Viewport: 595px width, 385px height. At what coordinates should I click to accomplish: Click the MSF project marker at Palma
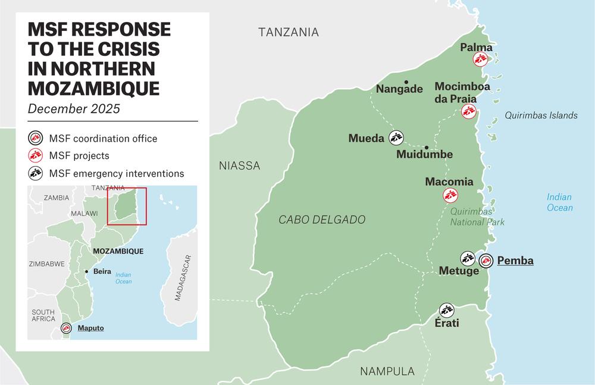pyautogui.click(x=480, y=59)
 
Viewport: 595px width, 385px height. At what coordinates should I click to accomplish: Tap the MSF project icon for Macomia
pyautogui.click(x=450, y=195)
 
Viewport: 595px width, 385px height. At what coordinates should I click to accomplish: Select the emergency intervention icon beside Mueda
pyautogui.click(x=396, y=138)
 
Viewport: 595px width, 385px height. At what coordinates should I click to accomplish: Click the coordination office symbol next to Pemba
pyautogui.click(x=486, y=260)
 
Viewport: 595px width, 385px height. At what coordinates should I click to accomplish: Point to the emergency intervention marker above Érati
pyautogui.click(x=446, y=309)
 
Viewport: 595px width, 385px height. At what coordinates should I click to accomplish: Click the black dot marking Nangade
pyautogui.click(x=406, y=82)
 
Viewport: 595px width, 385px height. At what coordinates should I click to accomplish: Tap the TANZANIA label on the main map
pyautogui.click(x=289, y=32)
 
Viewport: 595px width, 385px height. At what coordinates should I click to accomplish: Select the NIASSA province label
pyautogui.click(x=239, y=165)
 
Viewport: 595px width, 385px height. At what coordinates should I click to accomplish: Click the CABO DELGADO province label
pyautogui.click(x=322, y=220)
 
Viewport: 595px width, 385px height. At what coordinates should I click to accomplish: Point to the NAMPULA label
pyautogui.click(x=387, y=371)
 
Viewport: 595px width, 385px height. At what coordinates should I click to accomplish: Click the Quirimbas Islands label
pyautogui.click(x=541, y=115)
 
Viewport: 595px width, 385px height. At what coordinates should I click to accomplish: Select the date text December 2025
pyautogui.click(x=74, y=108)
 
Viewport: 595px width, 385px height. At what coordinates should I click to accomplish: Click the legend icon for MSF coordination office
pyautogui.click(x=36, y=139)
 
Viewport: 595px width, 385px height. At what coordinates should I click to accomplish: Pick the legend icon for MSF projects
pyautogui.click(x=36, y=156)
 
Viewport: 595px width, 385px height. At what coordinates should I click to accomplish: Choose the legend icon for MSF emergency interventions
pyautogui.click(x=36, y=173)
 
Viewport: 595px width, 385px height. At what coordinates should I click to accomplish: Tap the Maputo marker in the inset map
pyautogui.click(x=66, y=328)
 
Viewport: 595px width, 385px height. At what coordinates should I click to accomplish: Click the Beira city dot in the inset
pyautogui.click(x=87, y=271)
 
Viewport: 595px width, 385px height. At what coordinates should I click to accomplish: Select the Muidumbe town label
pyautogui.click(x=424, y=155)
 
